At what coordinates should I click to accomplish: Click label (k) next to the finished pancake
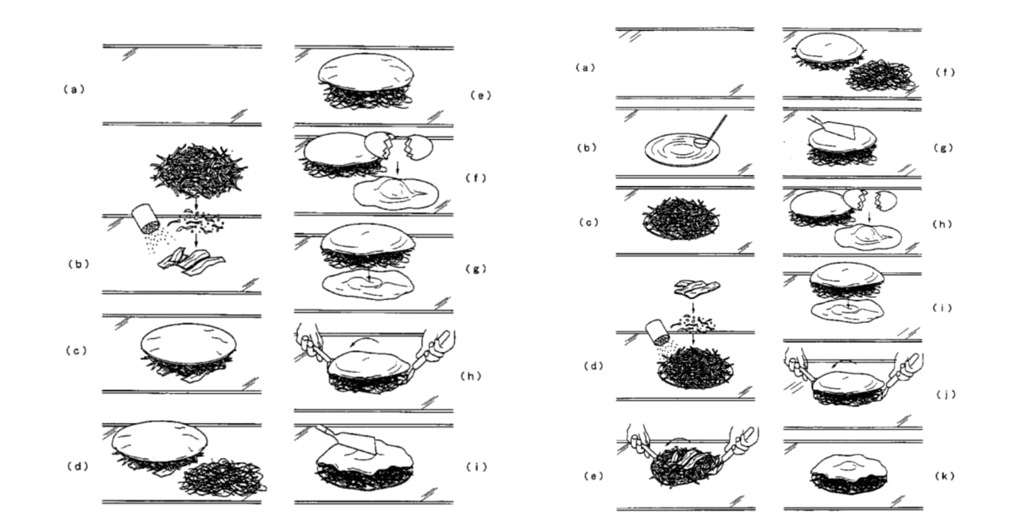coord(945,476)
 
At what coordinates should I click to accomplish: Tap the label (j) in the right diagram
coord(946,394)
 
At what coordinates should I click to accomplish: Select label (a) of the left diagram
coord(74,89)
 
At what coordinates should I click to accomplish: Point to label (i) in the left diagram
coord(476,467)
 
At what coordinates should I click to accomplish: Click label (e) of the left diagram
coord(481,95)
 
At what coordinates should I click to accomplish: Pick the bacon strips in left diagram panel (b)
coord(192,263)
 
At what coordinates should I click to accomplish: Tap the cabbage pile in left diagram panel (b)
coord(199,167)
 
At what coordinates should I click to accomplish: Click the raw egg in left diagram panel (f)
coord(396,194)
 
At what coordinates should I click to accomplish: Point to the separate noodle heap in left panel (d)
coord(223,476)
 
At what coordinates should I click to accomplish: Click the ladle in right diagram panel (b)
coord(710,132)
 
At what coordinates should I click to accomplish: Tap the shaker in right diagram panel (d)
coord(658,333)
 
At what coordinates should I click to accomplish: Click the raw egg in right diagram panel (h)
coord(868,236)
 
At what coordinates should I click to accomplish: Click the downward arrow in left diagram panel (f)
coord(398,170)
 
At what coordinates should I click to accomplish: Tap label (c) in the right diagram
coord(589,222)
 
